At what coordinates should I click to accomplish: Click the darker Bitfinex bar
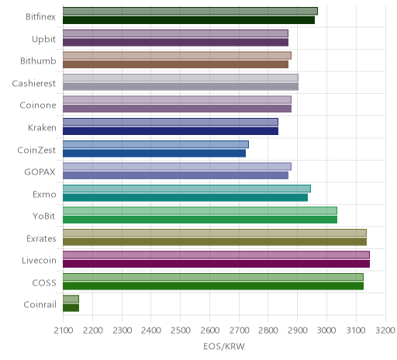[x=188, y=20]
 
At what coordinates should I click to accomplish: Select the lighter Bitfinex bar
[x=190, y=11]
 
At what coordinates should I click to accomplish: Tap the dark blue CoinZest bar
[x=154, y=154]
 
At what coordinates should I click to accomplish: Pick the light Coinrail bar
[x=71, y=299]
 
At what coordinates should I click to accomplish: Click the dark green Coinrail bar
[x=71, y=308]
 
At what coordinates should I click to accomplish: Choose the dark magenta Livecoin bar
[x=216, y=264]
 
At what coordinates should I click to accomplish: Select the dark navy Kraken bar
[x=171, y=131]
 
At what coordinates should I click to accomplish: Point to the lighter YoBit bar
[x=200, y=211]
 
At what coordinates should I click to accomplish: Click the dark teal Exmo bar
[x=185, y=198]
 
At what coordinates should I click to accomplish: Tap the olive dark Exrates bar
[x=215, y=242]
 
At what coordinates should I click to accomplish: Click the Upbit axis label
[x=43, y=40]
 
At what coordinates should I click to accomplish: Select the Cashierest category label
[x=34, y=83]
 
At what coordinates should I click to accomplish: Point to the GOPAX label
[x=40, y=172]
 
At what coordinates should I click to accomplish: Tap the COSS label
[x=44, y=282]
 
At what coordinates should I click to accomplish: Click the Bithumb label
[x=38, y=61]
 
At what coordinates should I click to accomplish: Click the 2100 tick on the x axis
[x=63, y=331]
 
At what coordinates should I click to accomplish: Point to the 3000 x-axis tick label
[x=326, y=331]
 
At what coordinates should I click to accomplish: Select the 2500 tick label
[x=181, y=331]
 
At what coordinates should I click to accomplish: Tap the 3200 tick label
[x=385, y=331]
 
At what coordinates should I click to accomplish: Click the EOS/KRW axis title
[x=224, y=346]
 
